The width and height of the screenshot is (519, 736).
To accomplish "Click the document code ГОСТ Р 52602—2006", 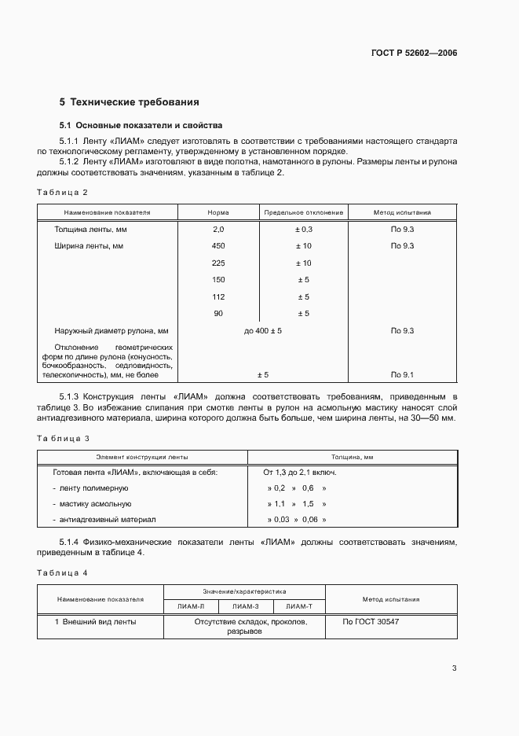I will tap(415, 53).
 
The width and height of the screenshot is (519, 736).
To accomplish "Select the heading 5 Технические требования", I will tap(130, 102).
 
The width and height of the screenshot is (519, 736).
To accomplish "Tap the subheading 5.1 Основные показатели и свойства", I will tap(141, 125).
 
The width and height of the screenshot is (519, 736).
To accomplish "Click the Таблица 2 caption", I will tap(63, 193).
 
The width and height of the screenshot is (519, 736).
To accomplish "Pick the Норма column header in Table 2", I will tap(218, 212).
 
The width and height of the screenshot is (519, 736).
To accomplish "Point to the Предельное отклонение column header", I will tap(303, 212).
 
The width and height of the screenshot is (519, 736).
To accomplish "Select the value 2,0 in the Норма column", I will tap(218, 229).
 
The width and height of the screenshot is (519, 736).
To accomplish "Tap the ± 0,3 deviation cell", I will tap(303, 229).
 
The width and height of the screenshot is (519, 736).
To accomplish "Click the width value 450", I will tap(218, 246).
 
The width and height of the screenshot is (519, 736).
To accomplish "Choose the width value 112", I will tap(218, 296).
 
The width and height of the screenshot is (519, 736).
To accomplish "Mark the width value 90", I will tap(218, 314).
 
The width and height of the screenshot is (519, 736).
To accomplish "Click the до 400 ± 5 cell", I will tap(262, 331).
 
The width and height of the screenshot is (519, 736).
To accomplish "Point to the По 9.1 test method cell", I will tap(402, 375).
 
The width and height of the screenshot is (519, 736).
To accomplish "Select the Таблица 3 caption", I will tap(64, 438).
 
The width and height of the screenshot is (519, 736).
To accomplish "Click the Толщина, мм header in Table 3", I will tap(352, 456).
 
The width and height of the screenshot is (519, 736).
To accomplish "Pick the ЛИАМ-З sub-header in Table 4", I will tap(244, 606).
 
